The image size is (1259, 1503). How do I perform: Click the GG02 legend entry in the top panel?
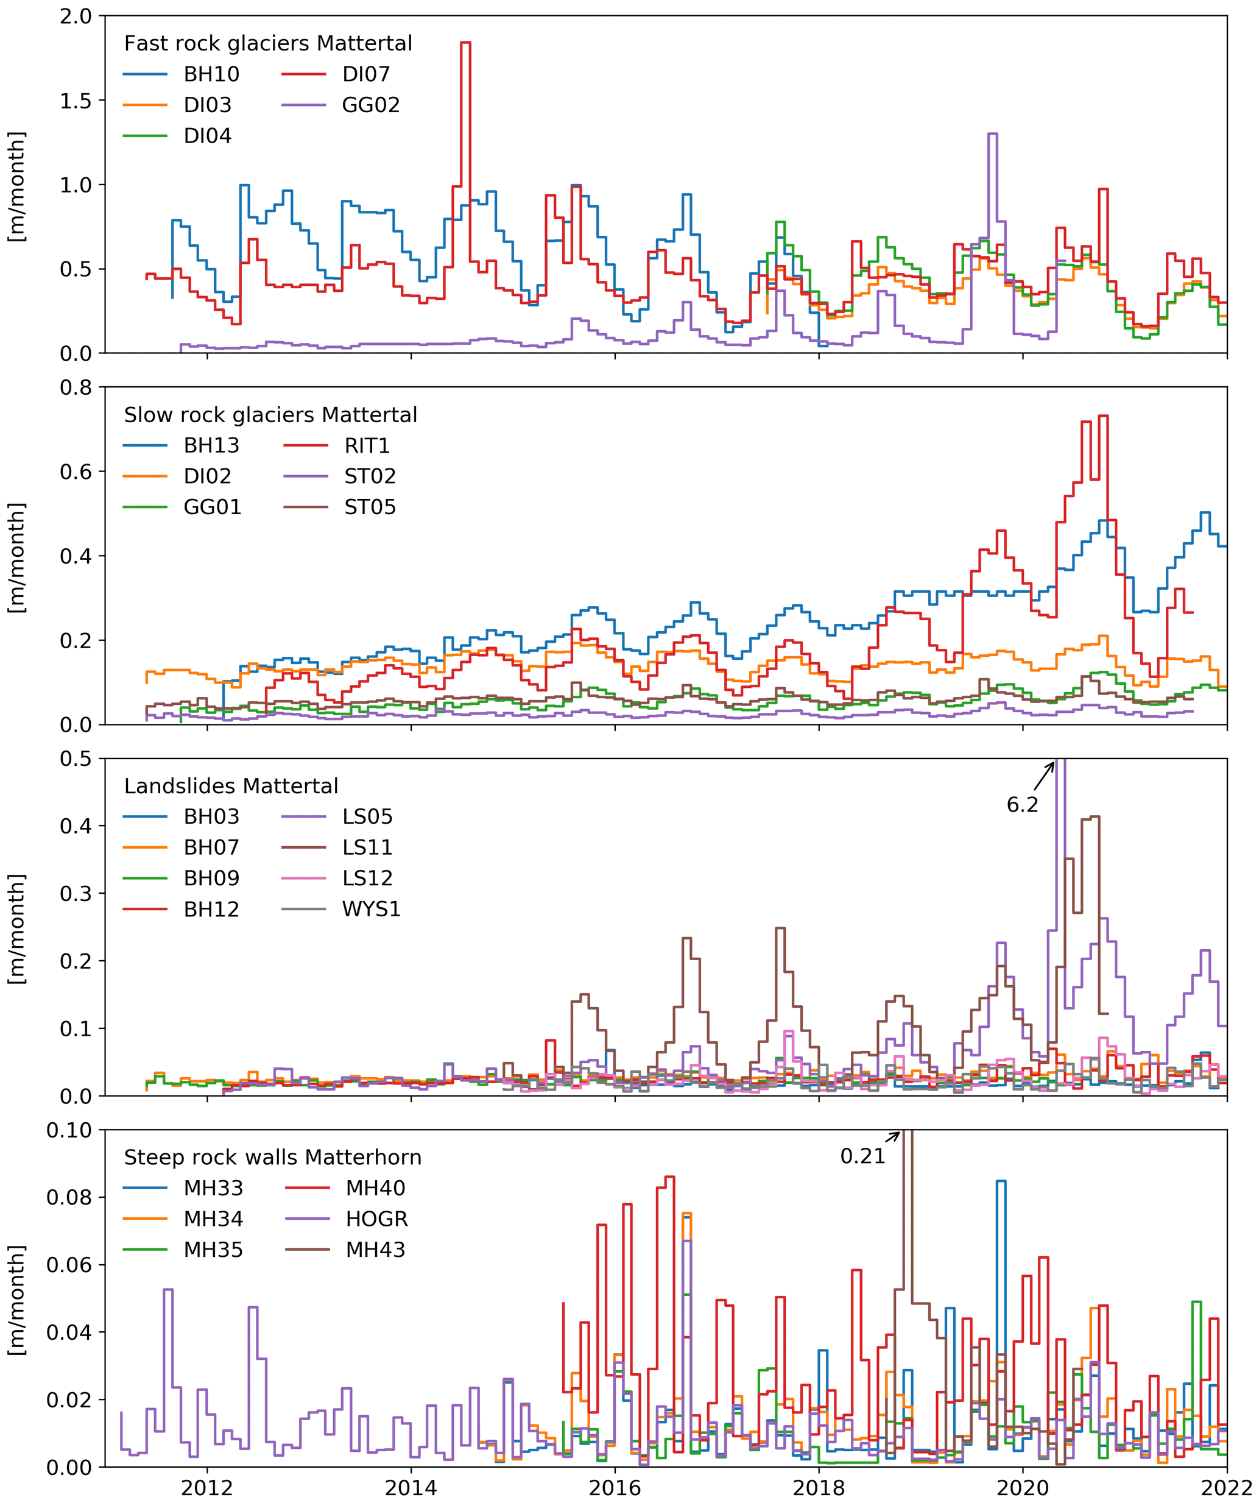tap(370, 105)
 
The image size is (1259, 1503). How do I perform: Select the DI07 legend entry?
tap(365, 74)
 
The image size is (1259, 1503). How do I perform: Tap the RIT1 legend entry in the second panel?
tap(366, 446)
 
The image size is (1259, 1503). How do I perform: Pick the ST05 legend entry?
tap(369, 507)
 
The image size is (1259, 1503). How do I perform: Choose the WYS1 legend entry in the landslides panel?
tap(370, 910)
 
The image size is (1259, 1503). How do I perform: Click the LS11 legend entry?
tap(367, 848)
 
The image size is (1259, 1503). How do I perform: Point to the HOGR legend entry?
tap(376, 1220)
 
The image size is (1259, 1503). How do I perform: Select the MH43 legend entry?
tap(375, 1250)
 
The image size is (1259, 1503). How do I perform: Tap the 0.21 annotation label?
tap(862, 1156)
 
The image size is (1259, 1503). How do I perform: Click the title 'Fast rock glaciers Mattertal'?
tap(268, 44)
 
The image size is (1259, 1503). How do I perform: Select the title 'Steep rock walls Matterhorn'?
tap(272, 1158)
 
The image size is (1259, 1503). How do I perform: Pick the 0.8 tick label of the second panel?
tap(76, 388)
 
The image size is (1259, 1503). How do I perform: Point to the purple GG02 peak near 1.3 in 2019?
tap(992, 134)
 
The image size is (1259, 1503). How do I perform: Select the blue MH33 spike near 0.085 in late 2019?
tap(1001, 1182)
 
